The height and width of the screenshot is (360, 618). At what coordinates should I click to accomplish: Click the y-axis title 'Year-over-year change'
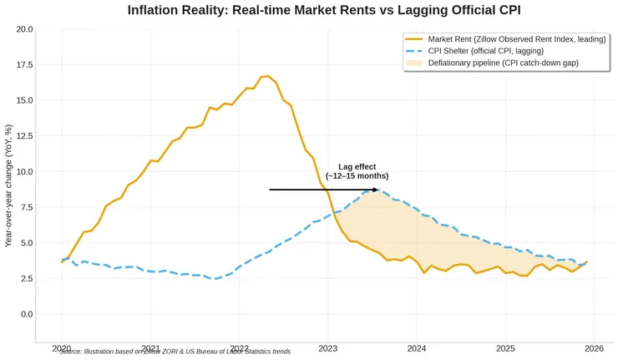click(8, 185)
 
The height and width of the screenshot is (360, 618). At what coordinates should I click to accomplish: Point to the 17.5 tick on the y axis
click(23, 64)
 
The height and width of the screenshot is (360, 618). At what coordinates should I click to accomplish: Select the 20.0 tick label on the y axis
click(23, 29)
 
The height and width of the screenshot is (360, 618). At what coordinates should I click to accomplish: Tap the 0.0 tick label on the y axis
click(26, 314)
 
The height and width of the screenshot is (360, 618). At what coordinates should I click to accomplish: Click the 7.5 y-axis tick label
click(26, 207)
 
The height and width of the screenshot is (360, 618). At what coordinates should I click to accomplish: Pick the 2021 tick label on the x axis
click(150, 348)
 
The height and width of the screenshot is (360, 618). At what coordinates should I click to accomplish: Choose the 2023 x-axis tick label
click(328, 348)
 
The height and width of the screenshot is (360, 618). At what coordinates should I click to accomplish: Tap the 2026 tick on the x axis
click(594, 348)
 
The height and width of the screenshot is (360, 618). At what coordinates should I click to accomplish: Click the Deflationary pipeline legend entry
click(503, 63)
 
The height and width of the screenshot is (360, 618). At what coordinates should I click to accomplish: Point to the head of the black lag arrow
click(378, 190)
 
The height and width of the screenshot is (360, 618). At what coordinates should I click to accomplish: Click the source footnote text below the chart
click(175, 352)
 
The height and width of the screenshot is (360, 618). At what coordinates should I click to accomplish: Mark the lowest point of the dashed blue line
click(214, 279)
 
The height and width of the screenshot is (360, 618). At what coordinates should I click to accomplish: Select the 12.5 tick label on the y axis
click(23, 136)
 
